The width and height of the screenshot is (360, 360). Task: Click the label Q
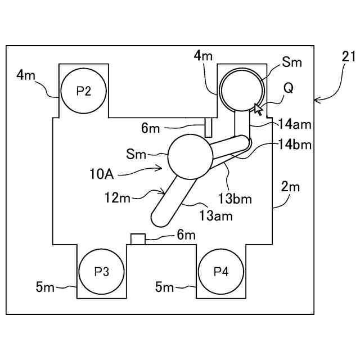(x=289, y=88)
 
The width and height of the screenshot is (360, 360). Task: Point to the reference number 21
(x=348, y=56)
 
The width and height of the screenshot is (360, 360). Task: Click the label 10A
(x=102, y=174)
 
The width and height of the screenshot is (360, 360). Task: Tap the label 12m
(x=118, y=197)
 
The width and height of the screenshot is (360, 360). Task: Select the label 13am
(x=216, y=216)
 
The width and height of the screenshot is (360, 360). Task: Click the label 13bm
(x=235, y=199)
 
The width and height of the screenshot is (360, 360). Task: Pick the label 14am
(x=295, y=124)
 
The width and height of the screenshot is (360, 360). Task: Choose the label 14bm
(x=295, y=145)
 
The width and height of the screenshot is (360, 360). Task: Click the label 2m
(x=290, y=187)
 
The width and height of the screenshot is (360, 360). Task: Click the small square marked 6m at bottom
(x=138, y=239)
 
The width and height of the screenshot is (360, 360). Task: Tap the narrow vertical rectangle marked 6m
(x=208, y=128)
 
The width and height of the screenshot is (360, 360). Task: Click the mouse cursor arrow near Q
(x=258, y=109)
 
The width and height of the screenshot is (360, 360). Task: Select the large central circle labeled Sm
(x=190, y=156)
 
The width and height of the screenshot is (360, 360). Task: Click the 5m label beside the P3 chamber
(x=45, y=287)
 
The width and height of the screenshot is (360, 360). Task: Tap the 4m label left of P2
(x=26, y=75)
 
